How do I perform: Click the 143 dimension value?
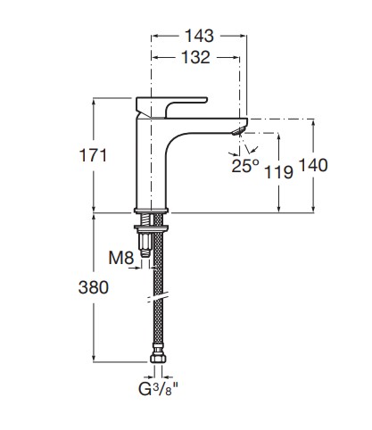coord(199,36)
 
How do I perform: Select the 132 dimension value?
coord(195,57)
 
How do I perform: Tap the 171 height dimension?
coord(93,155)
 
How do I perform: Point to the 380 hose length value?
coord(94,287)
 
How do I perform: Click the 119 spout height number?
coord(278,172)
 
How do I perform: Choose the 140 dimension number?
coord(313,165)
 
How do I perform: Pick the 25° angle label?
coord(245,166)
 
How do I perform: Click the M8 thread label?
coord(121,258)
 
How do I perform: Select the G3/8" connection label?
coord(158,389)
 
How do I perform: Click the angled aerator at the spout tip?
coord(239,131)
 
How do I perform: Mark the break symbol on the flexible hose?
coord(158,297)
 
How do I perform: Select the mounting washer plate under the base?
coord(152,228)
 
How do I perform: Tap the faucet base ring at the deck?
coord(152,211)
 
